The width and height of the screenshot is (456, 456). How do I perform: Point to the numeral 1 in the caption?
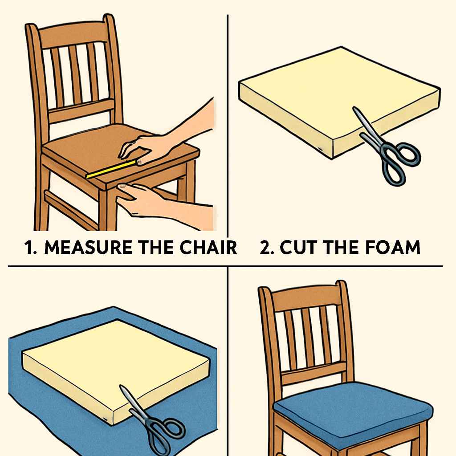[30, 248]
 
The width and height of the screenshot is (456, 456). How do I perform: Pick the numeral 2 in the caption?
[267, 248]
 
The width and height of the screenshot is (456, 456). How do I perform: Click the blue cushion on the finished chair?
[352, 403]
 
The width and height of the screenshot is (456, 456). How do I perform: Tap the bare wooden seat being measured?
[89, 154]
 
